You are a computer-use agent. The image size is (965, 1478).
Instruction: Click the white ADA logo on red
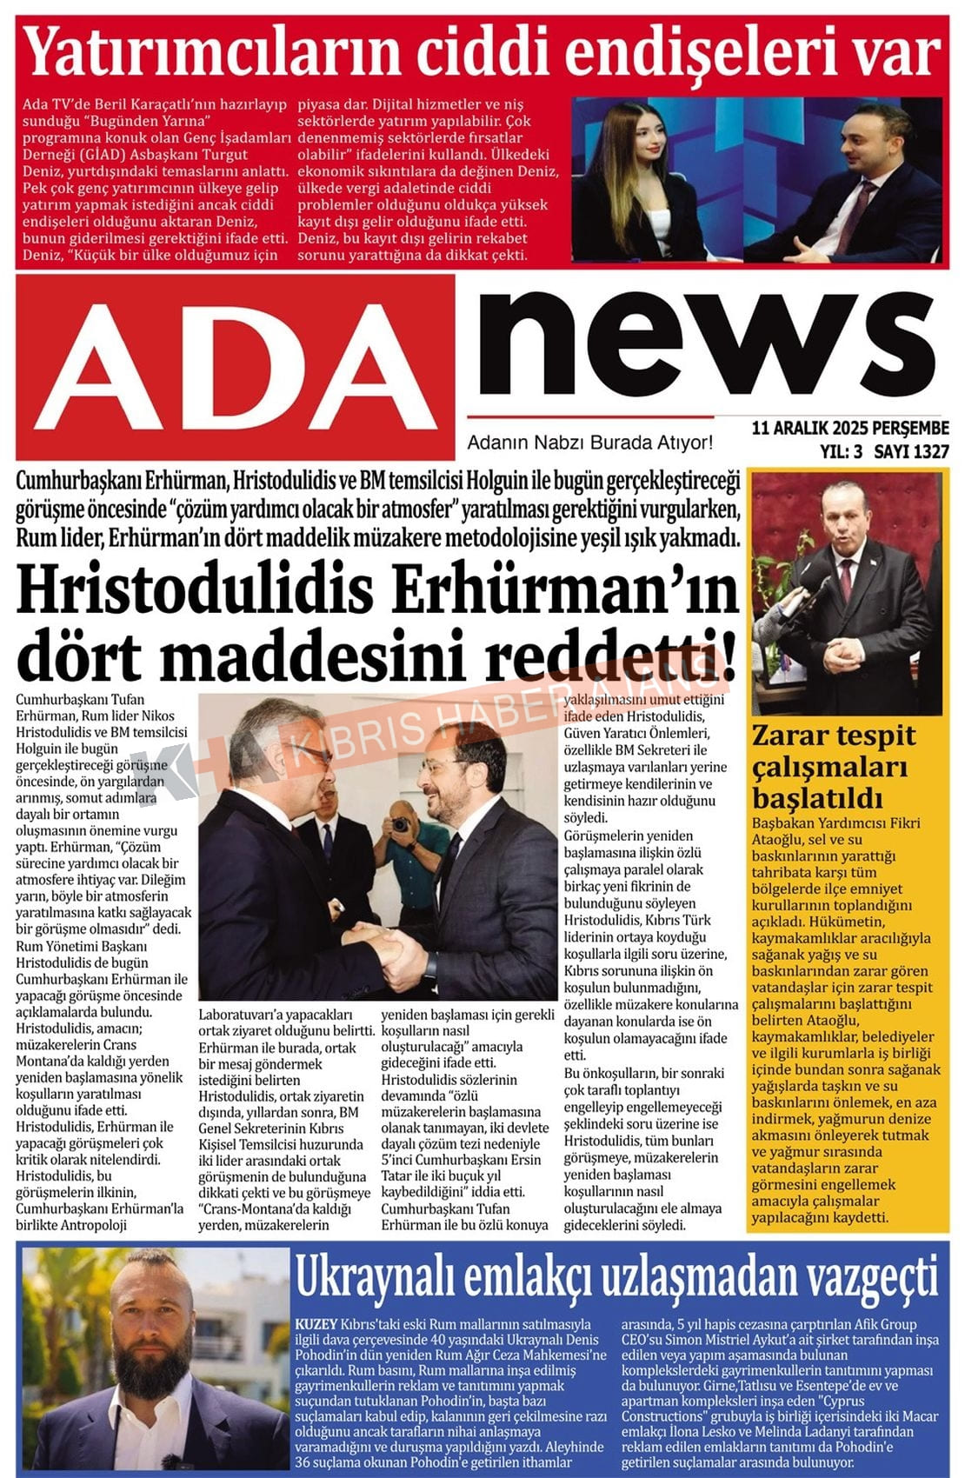235,369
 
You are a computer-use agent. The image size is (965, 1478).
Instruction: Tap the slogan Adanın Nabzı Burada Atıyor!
589,443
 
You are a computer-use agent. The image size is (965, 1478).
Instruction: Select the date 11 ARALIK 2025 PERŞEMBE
849,428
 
